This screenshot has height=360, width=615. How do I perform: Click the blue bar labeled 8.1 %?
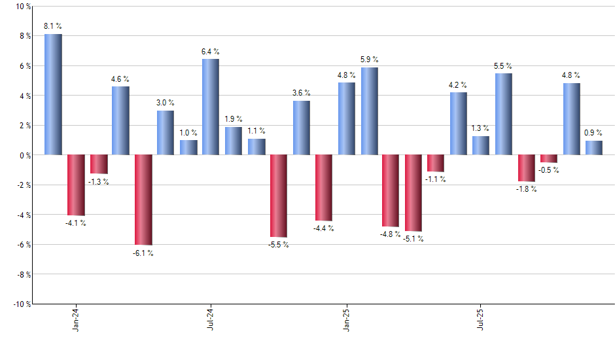click(53, 94)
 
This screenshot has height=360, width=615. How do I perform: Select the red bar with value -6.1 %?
click(143, 200)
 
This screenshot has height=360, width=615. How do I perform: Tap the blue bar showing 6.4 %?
click(211, 107)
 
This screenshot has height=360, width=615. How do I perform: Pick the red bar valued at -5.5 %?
click(279, 196)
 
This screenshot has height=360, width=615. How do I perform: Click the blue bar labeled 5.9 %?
click(369, 111)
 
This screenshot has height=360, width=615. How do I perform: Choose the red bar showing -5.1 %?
click(413, 192)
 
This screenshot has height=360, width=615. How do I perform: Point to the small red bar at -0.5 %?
click(549, 158)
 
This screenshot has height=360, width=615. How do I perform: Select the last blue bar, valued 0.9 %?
click(594, 148)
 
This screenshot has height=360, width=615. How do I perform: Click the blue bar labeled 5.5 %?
click(504, 114)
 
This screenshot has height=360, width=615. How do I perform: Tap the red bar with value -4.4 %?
click(324, 187)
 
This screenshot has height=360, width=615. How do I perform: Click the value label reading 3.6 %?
click(302, 93)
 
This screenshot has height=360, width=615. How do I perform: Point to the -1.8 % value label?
click(526, 189)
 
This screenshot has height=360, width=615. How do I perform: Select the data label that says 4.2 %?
click(458, 84)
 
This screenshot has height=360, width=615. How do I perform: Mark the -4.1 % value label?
click(75, 223)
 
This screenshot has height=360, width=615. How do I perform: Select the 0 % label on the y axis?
click(24, 155)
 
